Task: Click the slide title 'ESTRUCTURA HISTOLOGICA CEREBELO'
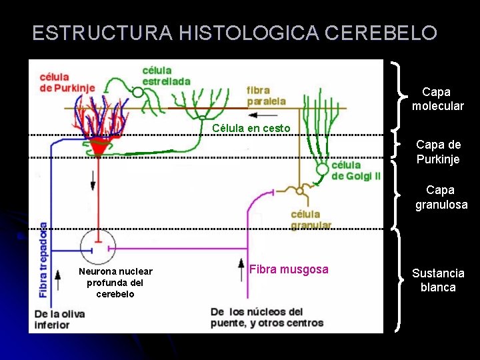pyautogui.click(x=235, y=33)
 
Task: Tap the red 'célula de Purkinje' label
pyautogui.click(x=67, y=81)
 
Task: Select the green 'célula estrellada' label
pyautogui.click(x=166, y=76)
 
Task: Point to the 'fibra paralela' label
pyautogui.click(x=266, y=96)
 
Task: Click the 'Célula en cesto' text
pyautogui.click(x=251, y=128)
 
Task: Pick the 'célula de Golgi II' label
pyautogui.click(x=356, y=170)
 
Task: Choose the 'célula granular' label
pyautogui.click(x=311, y=219)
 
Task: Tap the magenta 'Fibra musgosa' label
pyautogui.click(x=289, y=269)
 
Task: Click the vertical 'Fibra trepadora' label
pyautogui.click(x=43, y=259)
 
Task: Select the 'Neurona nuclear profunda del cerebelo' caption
pyautogui.click(x=115, y=282)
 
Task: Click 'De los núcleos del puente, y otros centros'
pyautogui.click(x=267, y=317)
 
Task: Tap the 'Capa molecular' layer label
pyautogui.click(x=437, y=99)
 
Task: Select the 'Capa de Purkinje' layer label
pyautogui.click(x=438, y=151)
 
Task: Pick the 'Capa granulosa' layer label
pyautogui.click(x=441, y=198)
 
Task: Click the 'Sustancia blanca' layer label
pyautogui.click(x=438, y=280)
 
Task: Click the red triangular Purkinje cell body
pyautogui.click(x=99, y=146)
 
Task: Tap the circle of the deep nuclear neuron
pyautogui.click(x=98, y=247)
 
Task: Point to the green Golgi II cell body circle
pyautogui.click(x=323, y=169)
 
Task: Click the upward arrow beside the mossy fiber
pyautogui.click(x=241, y=270)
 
